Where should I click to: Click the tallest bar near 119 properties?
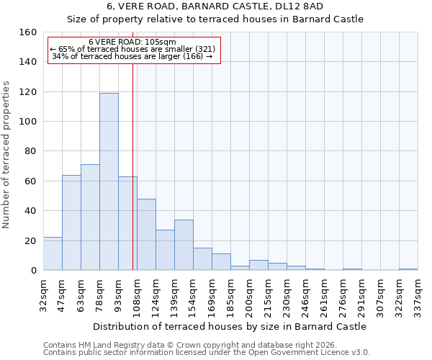(x=109, y=181)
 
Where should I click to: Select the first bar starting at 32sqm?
(x=53, y=253)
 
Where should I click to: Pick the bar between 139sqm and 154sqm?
(x=184, y=245)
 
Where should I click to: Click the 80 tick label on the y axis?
(x=30, y=151)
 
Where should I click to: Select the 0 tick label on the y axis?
(x=33, y=271)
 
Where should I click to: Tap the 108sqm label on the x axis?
(x=137, y=296)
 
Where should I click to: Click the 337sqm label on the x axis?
(x=418, y=296)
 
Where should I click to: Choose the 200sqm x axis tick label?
(x=249, y=296)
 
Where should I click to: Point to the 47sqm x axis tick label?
(x=62, y=296)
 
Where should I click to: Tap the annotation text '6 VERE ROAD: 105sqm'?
(x=132, y=42)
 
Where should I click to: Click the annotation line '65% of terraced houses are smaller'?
(x=132, y=49)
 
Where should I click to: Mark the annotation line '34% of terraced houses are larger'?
(x=132, y=56)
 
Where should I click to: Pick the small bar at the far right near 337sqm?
(x=408, y=269)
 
